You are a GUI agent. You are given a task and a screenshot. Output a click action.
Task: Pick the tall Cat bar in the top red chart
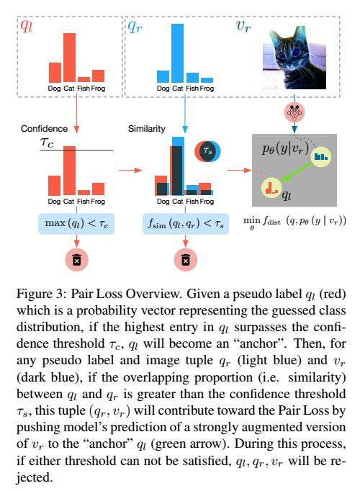pyautogui.click(x=69, y=57)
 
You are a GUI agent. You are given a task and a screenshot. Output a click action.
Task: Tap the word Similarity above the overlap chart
pyautogui.click(x=147, y=129)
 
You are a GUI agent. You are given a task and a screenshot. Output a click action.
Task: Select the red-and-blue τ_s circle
pyautogui.click(x=207, y=152)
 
